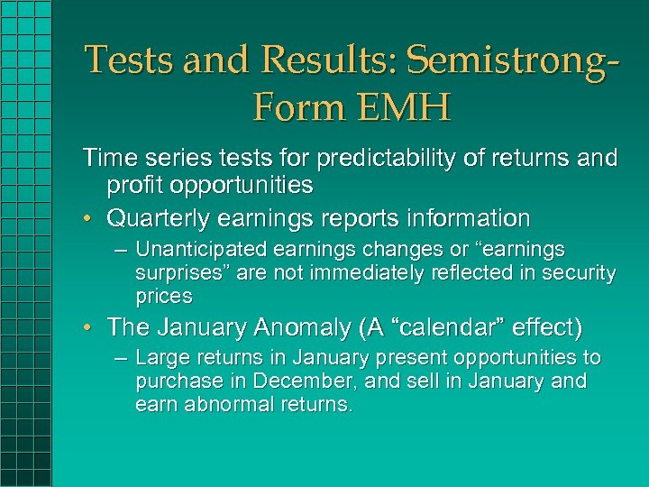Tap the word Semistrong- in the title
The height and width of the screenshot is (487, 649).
point(514,60)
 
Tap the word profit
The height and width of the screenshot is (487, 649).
point(133,187)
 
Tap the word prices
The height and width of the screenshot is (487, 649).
point(164,296)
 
